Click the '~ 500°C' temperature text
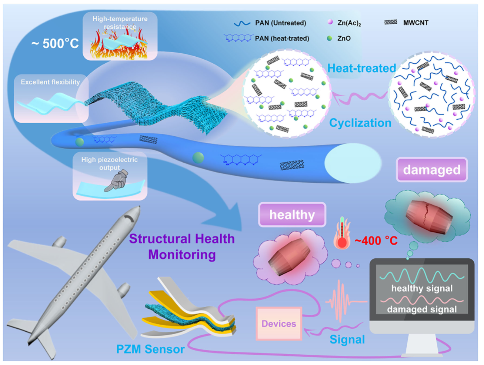[55, 44]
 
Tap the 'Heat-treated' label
[361, 68]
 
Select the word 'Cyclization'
[360, 123]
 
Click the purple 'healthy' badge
[292, 215]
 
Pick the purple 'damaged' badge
[431, 170]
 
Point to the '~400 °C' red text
[376, 241]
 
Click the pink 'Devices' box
[279, 323]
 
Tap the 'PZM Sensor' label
[150, 349]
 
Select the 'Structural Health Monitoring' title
[182, 246]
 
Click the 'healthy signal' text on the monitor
[422, 288]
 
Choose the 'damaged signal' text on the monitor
[422, 309]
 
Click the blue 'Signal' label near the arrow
[347, 339]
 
